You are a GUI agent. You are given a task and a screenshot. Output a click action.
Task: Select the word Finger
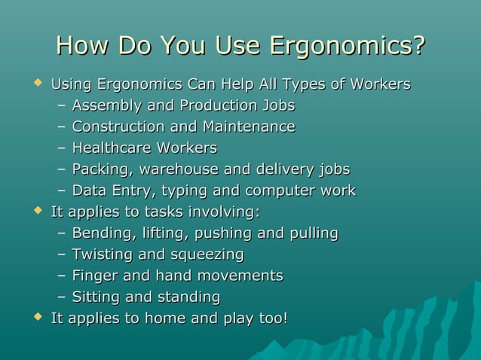93,276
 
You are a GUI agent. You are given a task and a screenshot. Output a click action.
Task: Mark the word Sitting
96,297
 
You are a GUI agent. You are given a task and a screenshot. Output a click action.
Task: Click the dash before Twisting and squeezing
62,255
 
